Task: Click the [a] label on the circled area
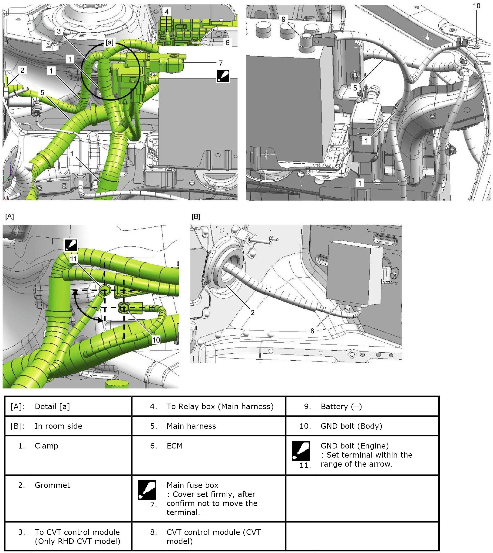[x=109, y=43]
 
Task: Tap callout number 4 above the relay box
[x=166, y=12]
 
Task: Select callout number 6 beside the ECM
[x=227, y=43]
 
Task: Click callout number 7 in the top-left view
[x=221, y=63]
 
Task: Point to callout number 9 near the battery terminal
[x=283, y=19]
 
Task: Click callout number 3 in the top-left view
[x=59, y=31]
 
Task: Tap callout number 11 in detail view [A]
[x=73, y=259]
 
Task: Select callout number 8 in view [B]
[x=312, y=331]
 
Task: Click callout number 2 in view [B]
[x=252, y=312]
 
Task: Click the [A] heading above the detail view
[x=10, y=216]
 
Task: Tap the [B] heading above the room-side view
[x=195, y=216]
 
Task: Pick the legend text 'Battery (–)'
[x=341, y=406]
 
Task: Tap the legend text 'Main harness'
[x=191, y=426]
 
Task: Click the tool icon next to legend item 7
[x=147, y=490]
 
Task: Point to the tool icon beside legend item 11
[x=301, y=451]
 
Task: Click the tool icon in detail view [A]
[x=70, y=245]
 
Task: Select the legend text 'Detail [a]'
[x=52, y=406]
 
